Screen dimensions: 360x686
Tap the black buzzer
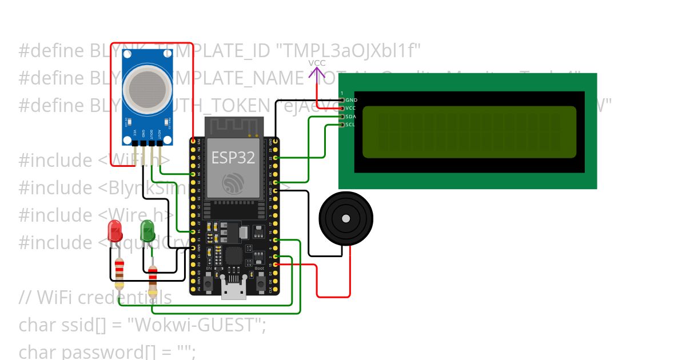click(345, 218)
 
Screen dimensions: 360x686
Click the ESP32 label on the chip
click(233, 158)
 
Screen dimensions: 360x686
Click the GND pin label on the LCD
click(352, 100)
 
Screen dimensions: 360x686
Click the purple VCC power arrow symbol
click(317, 73)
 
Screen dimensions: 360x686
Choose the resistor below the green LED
click(153, 277)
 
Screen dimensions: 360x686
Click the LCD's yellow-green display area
click(469, 131)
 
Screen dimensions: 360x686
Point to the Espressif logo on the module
click(233, 182)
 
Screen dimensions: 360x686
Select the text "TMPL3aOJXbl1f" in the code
click(349, 51)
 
